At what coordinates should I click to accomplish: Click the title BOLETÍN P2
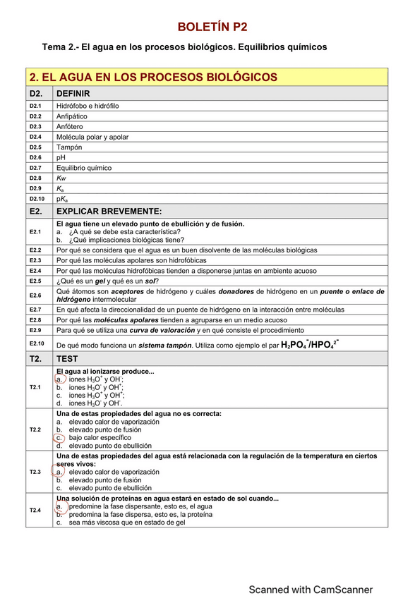[x=212, y=27]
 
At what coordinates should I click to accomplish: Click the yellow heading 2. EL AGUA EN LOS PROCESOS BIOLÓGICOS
[x=153, y=77]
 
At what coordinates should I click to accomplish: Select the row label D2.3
[x=35, y=126]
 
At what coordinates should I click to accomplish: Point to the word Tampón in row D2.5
[x=69, y=147]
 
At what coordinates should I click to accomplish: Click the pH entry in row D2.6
[x=61, y=157]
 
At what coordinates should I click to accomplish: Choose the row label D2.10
[x=37, y=200]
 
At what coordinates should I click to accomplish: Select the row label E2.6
[x=35, y=295]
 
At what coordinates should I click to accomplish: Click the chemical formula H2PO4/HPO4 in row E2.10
[x=309, y=345]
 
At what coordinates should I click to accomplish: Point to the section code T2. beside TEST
[x=37, y=359]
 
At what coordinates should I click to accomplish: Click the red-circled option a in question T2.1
[x=60, y=379]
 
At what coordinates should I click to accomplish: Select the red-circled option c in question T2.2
[x=60, y=437]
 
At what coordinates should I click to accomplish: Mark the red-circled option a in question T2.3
[x=60, y=472]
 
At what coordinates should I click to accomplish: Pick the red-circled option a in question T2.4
[x=60, y=506]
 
